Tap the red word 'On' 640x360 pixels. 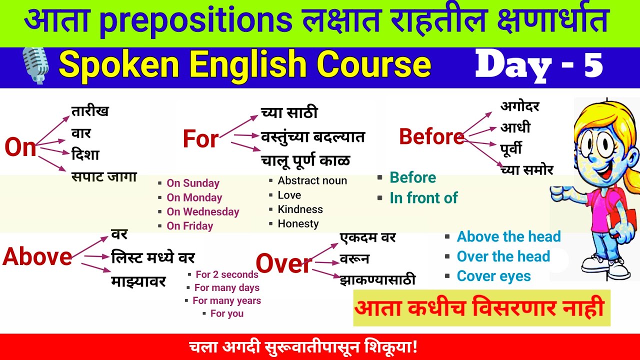(20, 147)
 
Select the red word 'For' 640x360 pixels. (200, 139)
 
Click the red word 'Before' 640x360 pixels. (431, 136)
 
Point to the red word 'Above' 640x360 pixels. (37, 256)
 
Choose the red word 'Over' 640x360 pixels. (283, 263)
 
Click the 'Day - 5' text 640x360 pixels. (539, 65)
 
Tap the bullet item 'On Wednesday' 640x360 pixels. (202, 211)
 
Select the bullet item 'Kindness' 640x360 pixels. (300, 209)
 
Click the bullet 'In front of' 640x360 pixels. (423, 198)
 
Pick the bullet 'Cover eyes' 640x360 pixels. (493, 276)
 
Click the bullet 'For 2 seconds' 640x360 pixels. (226, 274)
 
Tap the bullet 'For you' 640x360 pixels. (226, 313)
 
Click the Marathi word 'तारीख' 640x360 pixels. (90, 111)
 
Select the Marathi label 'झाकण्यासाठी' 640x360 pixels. (377, 279)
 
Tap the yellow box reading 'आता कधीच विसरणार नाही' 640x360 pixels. (481, 308)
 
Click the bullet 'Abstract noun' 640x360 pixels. (312, 180)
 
